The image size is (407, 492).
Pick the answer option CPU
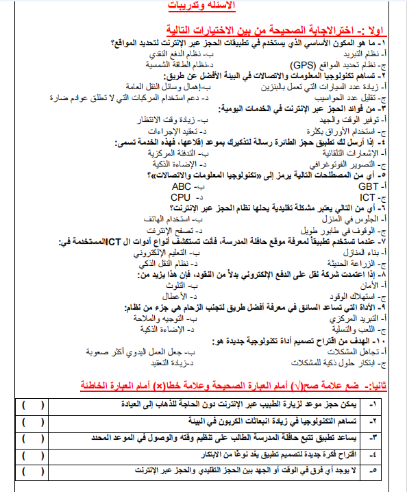pos(180,197)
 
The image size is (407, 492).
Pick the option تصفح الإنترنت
pos(175,231)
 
